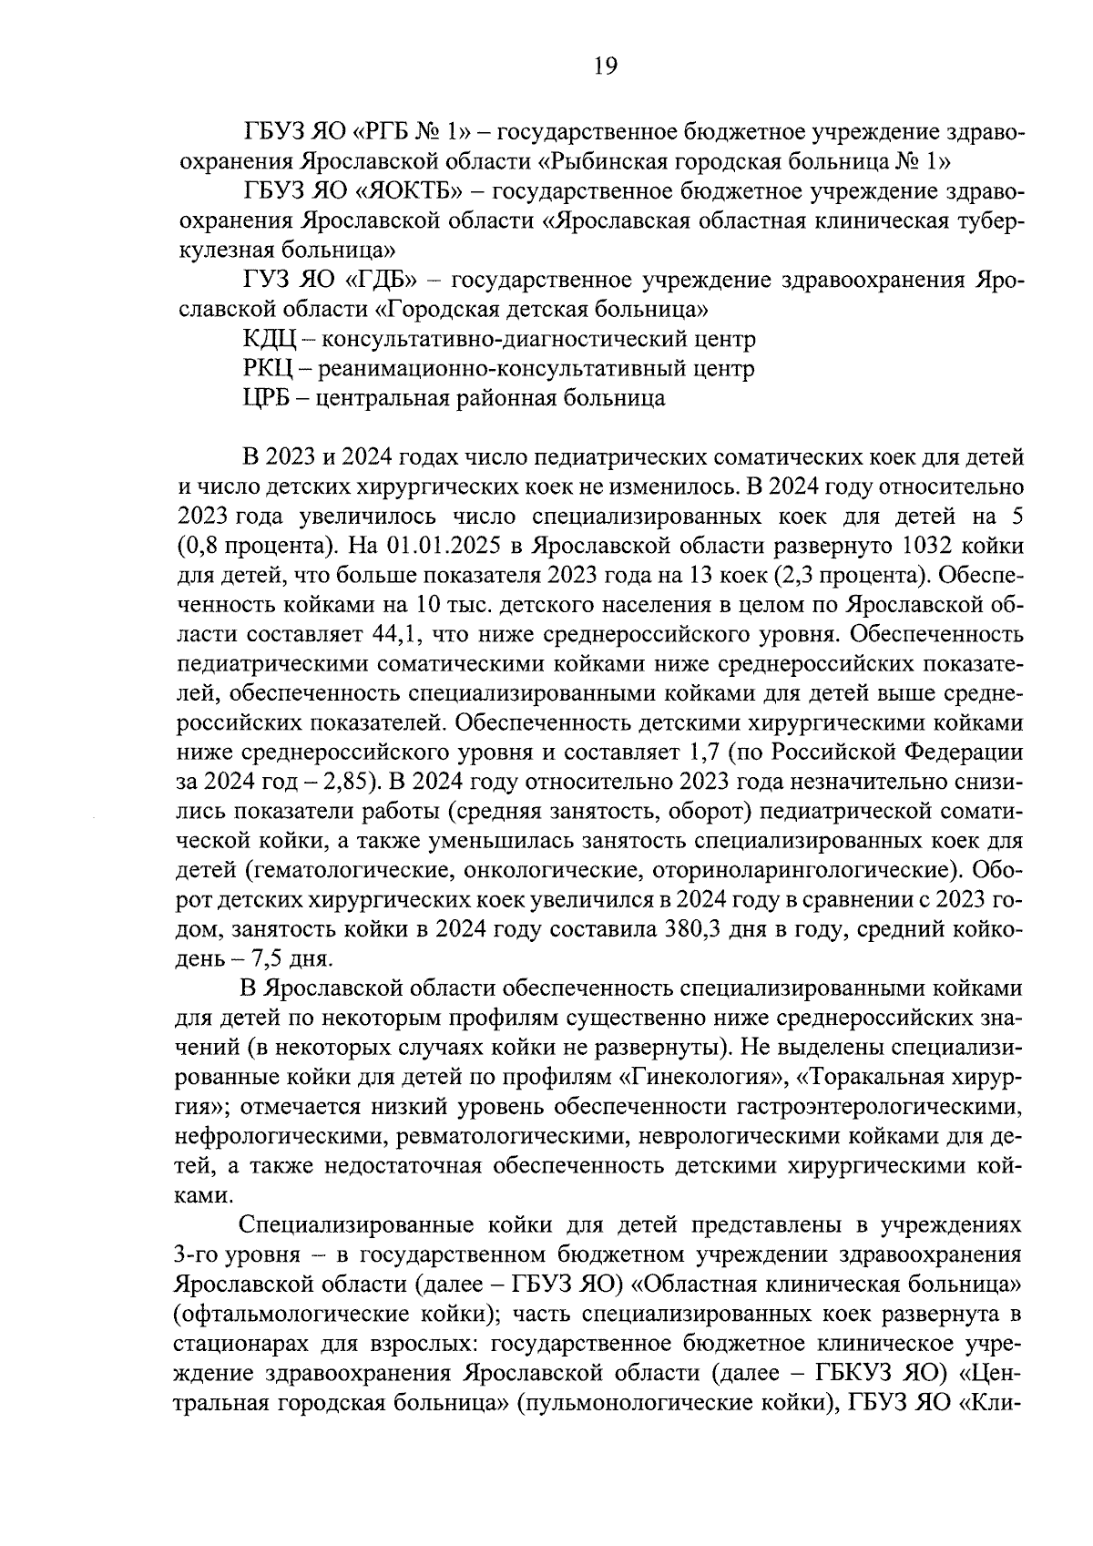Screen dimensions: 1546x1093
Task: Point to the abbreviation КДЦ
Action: click(x=270, y=340)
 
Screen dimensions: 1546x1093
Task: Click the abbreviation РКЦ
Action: click(x=268, y=369)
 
